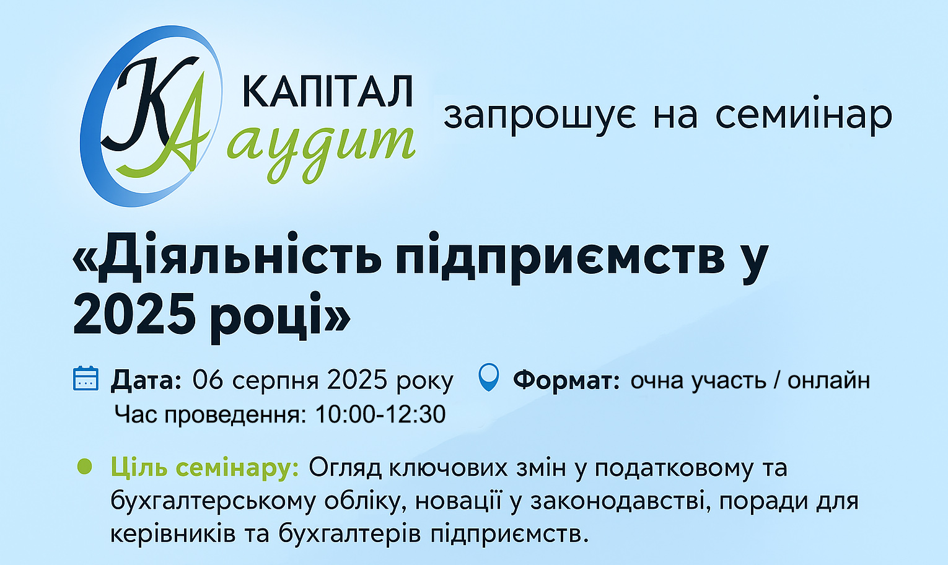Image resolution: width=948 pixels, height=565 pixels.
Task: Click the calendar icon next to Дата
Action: [86, 378]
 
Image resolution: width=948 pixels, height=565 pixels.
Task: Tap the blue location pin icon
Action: [489, 377]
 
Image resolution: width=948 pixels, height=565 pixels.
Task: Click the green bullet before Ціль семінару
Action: [85, 466]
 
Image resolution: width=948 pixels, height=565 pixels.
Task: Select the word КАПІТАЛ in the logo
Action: [328, 92]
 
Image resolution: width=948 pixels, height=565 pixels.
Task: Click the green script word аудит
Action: [321, 149]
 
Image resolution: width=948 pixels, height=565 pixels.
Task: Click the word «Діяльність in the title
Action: [227, 257]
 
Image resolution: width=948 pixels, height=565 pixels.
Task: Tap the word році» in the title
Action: [280, 317]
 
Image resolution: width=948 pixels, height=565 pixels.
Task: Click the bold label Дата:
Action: [146, 380]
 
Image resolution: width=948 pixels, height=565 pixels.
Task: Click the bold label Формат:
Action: [567, 380]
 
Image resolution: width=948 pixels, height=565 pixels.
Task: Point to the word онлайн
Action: [828, 380]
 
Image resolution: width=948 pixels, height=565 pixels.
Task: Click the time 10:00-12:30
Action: [380, 414]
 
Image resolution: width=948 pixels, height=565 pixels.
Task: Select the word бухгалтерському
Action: [213, 502]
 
